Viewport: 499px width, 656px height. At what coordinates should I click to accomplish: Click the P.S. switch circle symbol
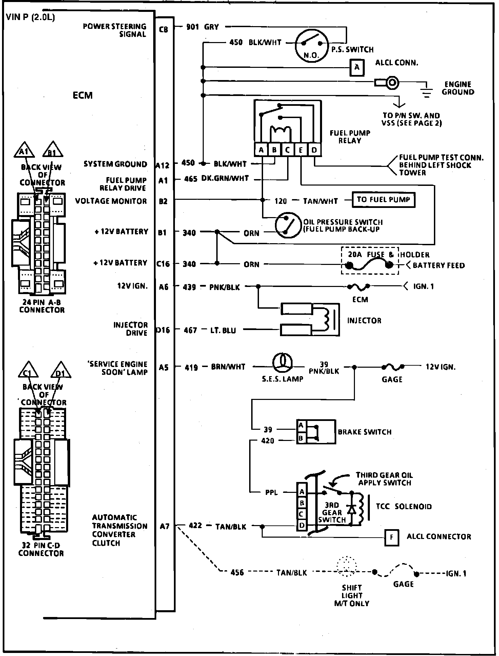point(311,44)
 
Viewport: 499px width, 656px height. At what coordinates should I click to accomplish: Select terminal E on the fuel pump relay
point(301,150)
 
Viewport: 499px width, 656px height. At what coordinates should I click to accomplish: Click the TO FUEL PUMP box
point(383,200)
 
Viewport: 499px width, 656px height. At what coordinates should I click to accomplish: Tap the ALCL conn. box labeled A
point(357,67)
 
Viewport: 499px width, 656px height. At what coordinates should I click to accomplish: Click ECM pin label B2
point(163,201)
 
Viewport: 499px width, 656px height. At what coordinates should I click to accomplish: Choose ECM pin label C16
point(163,264)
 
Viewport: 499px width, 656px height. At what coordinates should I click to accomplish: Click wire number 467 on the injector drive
point(191,330)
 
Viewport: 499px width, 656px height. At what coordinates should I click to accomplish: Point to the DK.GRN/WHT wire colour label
point(225,178)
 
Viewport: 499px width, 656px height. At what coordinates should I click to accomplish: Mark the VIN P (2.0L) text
point(31,17)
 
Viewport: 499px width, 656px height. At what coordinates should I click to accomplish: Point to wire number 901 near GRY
point(193,27)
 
